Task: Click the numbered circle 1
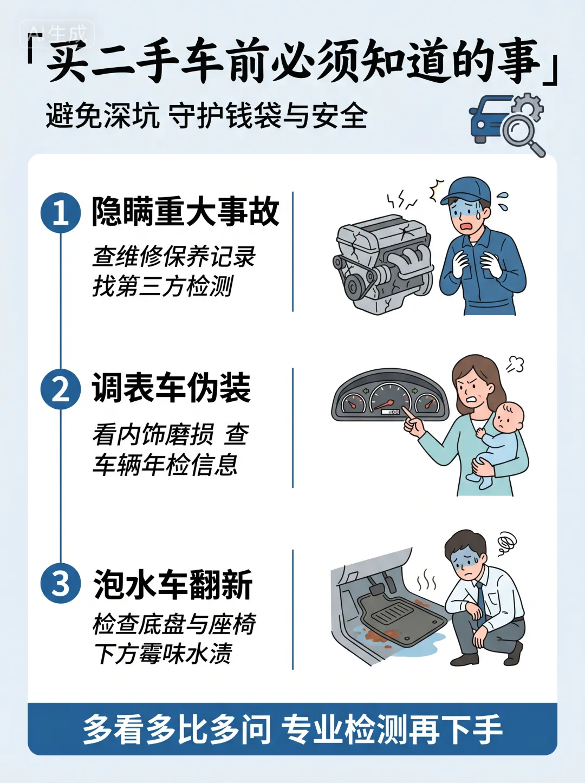point(61,213)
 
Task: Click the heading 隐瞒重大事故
point(185,211)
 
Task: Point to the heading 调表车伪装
point(171,388)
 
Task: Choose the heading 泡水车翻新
point(173,584)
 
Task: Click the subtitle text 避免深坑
point(103,116)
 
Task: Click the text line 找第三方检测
point(163,286)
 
